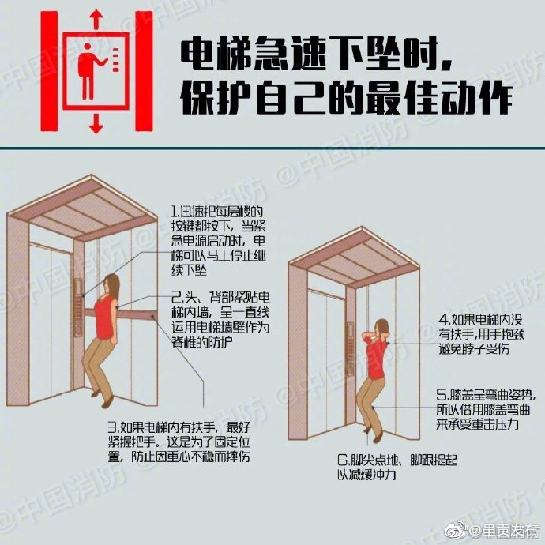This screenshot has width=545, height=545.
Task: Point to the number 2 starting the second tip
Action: pyautogui.click(x=175, y=297)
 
